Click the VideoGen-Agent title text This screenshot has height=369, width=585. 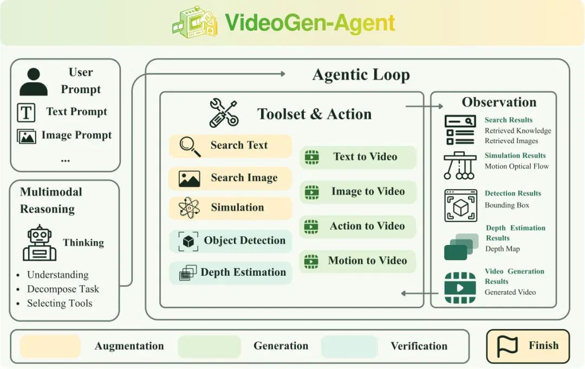point(310,23)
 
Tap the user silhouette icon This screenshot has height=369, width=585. point(34,82)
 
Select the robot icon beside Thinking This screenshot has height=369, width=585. point(40,243)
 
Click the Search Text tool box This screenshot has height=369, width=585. point(230,146)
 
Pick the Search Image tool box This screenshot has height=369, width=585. point(230,178)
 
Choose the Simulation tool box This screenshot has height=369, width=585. point(230,208)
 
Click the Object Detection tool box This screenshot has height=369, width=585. point(230,241)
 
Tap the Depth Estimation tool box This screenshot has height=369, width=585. point(230,273)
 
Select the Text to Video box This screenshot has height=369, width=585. point(358,157)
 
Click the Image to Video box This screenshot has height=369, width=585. point(358,192)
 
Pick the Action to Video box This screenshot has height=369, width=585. point(358,226)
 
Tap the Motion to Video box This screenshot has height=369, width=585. point(358,261)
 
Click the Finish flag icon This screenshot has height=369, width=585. point(508,346)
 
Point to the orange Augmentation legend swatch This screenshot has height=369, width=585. point(50,346)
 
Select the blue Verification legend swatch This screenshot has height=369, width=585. point(349,346)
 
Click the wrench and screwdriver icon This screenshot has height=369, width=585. point(224,113)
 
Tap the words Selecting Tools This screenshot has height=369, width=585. point(60,303)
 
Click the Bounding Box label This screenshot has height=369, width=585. point(506,205)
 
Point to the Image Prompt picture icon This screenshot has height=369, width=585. point(27,137)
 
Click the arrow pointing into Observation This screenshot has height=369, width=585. point(424,106)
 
